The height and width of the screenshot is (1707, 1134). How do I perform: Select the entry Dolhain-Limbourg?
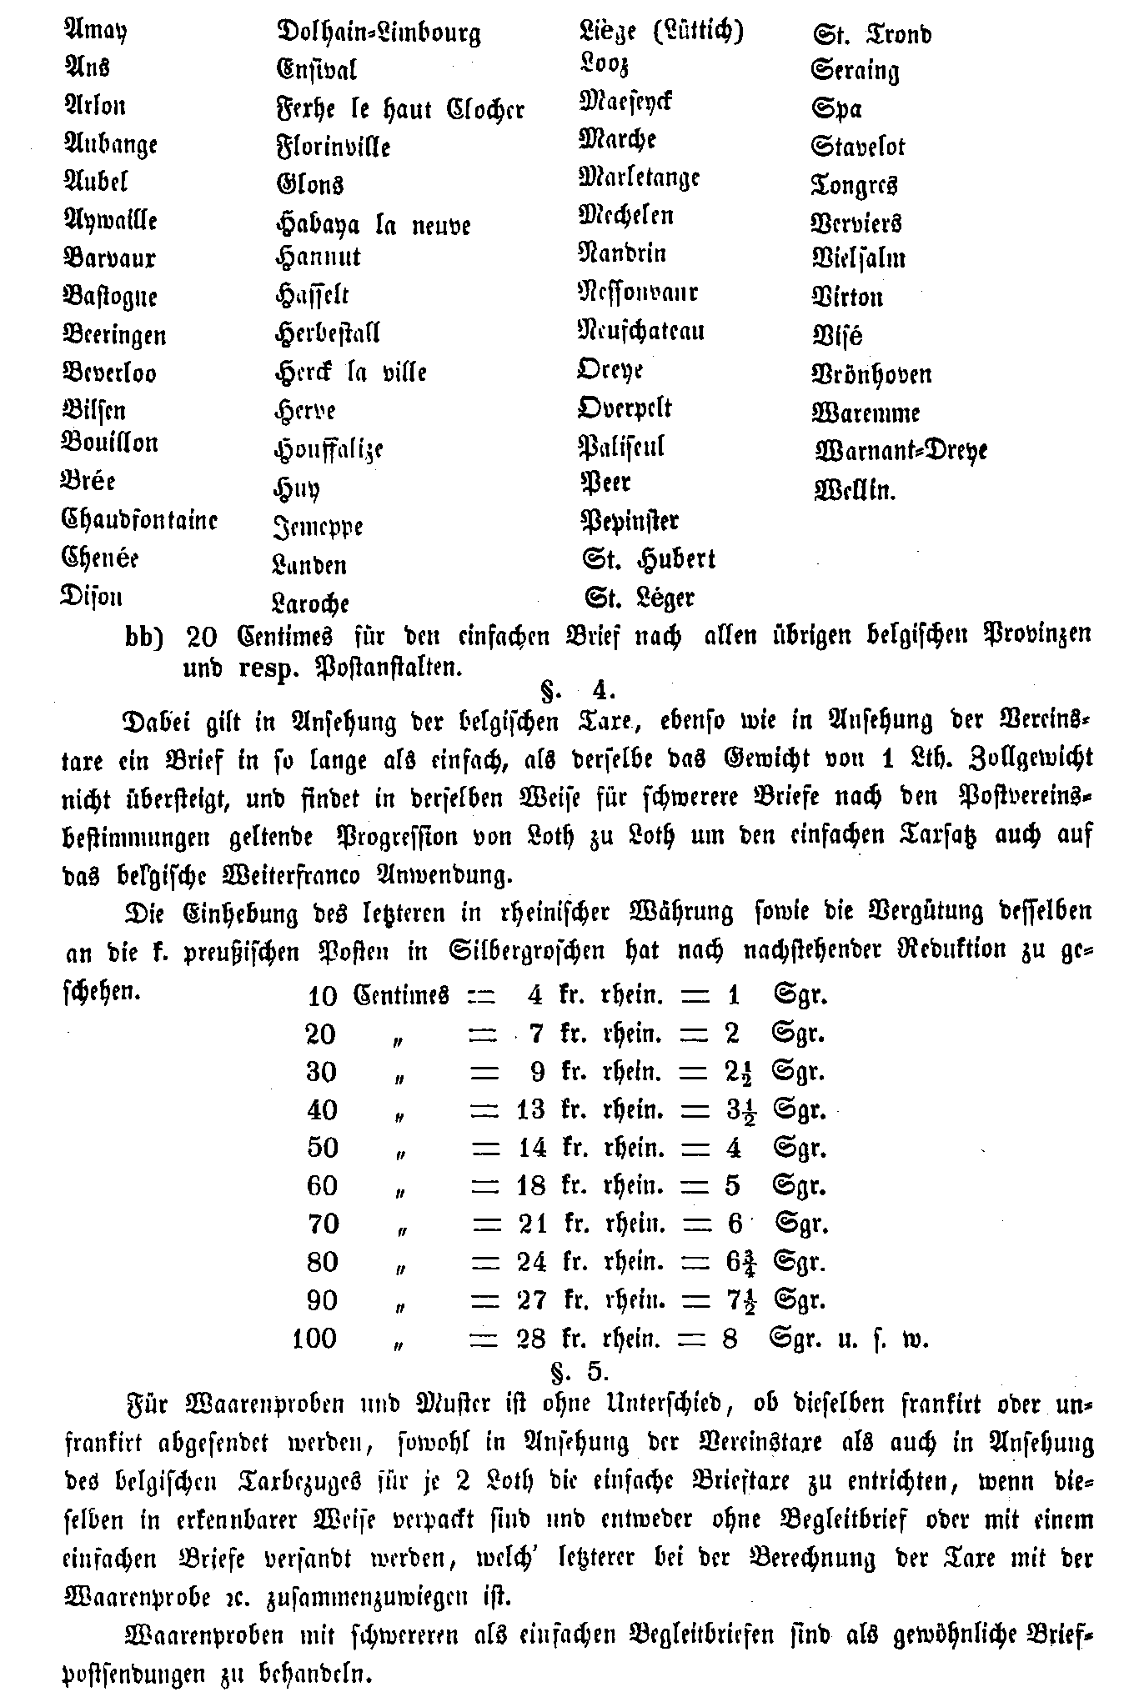(379, 33)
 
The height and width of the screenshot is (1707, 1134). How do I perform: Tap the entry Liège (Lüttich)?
(660, 32)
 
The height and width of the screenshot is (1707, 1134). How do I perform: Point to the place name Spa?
(836, 109)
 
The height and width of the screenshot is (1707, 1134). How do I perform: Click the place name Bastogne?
(110, 296)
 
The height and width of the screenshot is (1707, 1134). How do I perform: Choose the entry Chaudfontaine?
(140, 520)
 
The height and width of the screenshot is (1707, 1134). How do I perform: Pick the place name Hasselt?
(312, 294)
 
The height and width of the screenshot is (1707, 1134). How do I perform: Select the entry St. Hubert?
(649, 558)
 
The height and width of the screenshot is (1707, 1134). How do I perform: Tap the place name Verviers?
(856, 223)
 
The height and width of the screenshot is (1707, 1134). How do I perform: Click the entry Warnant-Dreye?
(901, 451)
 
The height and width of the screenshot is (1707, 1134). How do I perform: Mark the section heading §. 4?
(578, 691)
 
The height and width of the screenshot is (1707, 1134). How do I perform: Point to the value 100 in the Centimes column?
(314, 1339)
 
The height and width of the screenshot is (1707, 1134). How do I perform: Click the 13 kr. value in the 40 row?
(531, 1109)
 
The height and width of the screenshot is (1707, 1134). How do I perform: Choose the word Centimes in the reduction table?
(402, 995)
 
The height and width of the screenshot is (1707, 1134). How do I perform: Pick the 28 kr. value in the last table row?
(531, 1339)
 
